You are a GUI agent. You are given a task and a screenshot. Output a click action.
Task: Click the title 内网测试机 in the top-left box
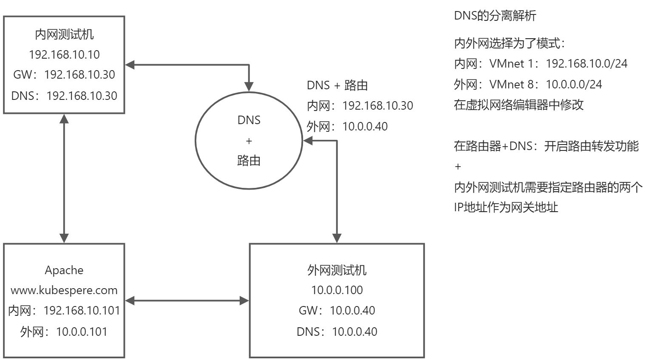pos(64,34)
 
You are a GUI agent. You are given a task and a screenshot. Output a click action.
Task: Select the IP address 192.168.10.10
pos(64,54)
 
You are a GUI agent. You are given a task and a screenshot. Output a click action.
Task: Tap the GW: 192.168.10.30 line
pos(64,75)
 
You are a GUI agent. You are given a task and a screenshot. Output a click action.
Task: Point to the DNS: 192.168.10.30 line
pos(64,96)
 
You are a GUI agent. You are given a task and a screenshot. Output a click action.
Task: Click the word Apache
pos(64,270)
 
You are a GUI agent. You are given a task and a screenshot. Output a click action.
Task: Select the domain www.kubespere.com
pos(64,291)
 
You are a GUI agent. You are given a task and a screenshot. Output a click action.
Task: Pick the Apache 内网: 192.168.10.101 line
pos(64,311)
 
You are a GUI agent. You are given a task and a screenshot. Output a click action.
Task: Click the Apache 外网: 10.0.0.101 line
pos(64,332)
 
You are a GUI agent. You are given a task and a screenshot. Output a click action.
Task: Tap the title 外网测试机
pos(337,270)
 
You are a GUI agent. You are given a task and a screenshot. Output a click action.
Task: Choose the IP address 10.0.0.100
pos(337,290)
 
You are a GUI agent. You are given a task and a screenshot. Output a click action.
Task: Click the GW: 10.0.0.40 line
pos(337,311)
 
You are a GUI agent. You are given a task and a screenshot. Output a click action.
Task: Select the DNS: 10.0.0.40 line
pos(337,332)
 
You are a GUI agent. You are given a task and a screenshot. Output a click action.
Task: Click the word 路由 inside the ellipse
pos(249,161)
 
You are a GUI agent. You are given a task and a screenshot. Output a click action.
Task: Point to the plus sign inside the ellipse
pos(249,141)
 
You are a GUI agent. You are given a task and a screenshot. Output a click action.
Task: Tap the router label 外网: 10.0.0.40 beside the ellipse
pos(347,126)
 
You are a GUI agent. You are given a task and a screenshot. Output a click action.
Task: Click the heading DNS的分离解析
pos(495,16)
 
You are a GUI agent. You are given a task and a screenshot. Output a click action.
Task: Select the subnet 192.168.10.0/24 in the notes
pos(587,64)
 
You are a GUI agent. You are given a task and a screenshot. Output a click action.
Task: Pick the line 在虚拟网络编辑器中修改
pos(519,105)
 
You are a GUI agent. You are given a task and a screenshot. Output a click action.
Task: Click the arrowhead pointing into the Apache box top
pos(64,238)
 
